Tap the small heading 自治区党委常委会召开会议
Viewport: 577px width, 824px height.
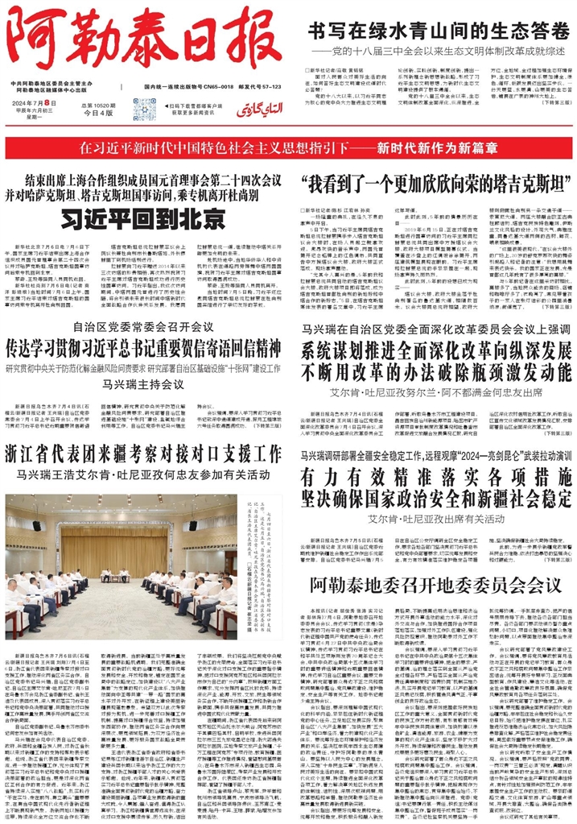143,327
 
